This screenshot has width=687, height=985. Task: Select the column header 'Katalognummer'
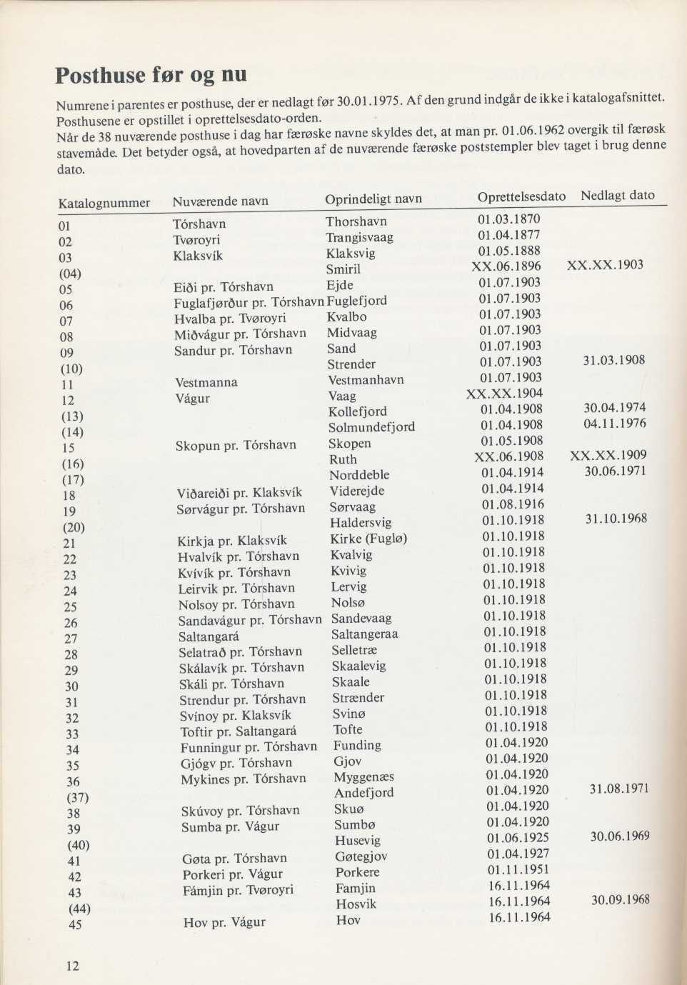[104, 203]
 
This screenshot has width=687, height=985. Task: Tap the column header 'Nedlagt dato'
[617, 196]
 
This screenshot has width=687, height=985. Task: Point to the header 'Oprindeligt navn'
[373, 199]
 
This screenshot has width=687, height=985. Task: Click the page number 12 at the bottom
[72, 966]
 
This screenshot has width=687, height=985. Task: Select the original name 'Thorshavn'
[356, 221]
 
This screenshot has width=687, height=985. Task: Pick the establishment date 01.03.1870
[508, 219]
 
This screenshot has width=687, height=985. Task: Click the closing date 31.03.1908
[614, 360]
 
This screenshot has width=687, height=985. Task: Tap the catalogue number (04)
[69, 274]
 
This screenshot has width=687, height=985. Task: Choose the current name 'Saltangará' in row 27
[209, 636]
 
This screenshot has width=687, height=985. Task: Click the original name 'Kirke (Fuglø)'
[368, 539]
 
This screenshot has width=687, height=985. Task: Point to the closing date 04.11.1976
[615, 424]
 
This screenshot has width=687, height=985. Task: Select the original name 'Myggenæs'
[364, 776]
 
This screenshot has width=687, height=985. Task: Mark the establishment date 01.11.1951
[518, 869]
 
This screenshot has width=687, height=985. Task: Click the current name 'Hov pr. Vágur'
[224, 921]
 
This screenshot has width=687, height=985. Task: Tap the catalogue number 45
[75, 924]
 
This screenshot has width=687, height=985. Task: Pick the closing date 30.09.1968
[620, 900]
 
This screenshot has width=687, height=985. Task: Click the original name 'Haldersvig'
[361, 523]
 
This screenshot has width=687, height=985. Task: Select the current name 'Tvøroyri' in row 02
[196, 239]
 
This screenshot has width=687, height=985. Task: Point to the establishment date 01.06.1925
[518, 838]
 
